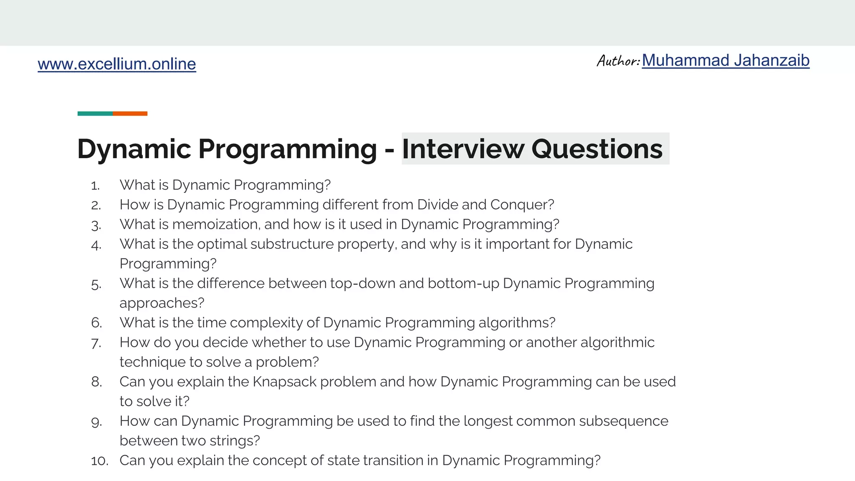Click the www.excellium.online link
(116, 64)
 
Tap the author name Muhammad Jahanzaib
(725, 61)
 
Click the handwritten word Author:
(618, 61)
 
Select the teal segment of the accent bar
(95, 114)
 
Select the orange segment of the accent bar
(130, 114)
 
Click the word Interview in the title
(463, 149)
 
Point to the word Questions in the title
(597, 149)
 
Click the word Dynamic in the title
(134, 149)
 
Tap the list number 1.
(95, 186)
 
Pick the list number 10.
(99, 461)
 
